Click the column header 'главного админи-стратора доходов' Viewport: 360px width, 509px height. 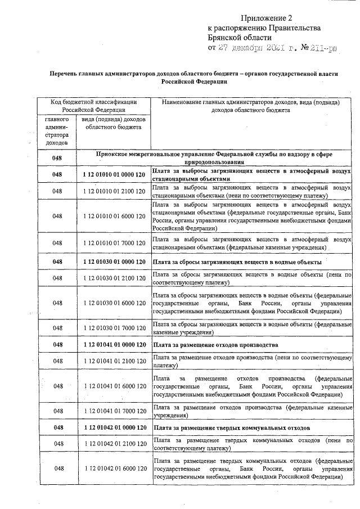pos(57,132)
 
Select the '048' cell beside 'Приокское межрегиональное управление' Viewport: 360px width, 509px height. pos(57,158)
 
